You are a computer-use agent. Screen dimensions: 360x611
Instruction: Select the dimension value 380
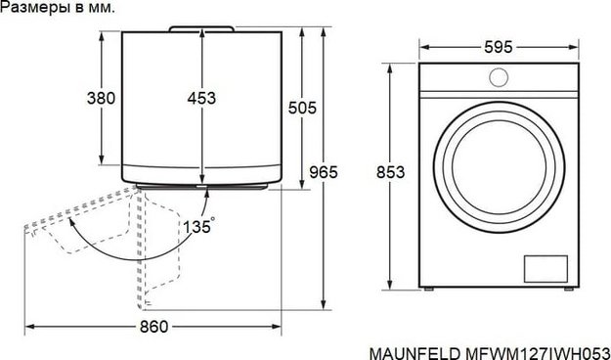(102, 98)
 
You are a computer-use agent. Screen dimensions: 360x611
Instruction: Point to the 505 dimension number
(299, 108)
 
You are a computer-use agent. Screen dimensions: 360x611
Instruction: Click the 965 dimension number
(324, 172)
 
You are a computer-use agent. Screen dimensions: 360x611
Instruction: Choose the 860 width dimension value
(153, 327)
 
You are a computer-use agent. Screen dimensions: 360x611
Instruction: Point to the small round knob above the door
(499, 78)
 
